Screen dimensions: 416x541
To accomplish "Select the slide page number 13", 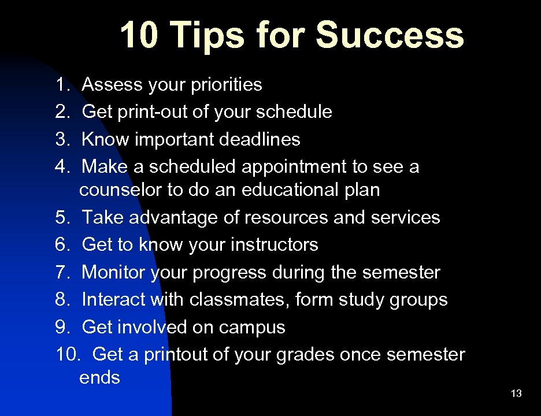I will [516, 394].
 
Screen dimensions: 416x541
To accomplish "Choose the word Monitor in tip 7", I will [113, 272].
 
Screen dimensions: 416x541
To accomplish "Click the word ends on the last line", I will [99, 378].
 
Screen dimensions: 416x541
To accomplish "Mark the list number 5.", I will [62, 218].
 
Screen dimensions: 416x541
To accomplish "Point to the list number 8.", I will [62, 300].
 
